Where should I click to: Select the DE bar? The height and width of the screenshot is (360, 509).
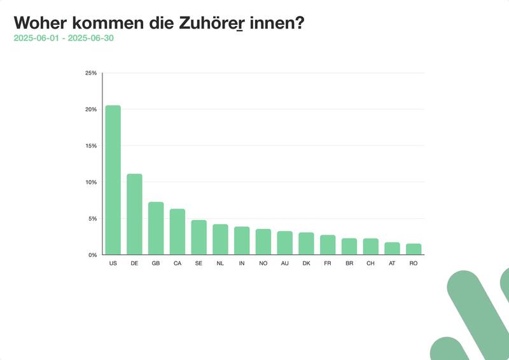[134, 214]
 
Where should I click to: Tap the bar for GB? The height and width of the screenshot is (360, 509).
[156, 228]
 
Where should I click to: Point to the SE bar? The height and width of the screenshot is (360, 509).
[199, 237]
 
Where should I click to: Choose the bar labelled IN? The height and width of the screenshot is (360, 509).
[242, 240]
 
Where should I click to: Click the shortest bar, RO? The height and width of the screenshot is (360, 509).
[414, 249]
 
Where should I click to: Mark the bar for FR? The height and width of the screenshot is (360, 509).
[328, 245]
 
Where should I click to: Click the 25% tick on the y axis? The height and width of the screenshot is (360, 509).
[91, 73]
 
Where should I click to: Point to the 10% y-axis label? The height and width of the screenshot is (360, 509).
[91, 183]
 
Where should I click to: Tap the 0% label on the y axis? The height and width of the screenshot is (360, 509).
[92, 255]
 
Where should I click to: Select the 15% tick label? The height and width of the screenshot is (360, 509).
[91, 146]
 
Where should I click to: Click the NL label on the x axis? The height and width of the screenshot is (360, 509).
[220, 263]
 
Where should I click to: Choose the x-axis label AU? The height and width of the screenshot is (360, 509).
[284, 263]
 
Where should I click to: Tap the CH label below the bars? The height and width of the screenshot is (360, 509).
[370, 263]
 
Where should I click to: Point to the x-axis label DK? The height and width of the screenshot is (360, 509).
[306, 263]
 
